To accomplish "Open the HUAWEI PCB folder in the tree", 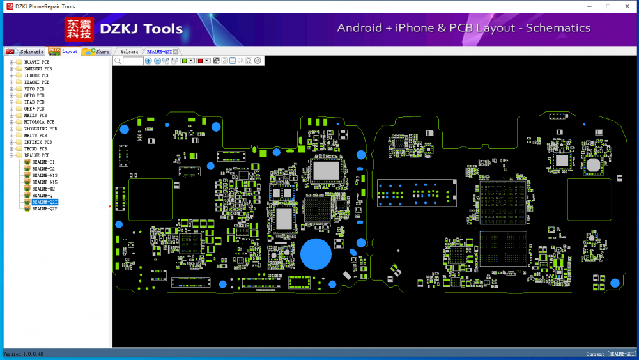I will (x=36, y=62).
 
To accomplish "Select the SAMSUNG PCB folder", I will (x=38, y=68).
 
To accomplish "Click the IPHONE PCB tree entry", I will (x=36, y=75).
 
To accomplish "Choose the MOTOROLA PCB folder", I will (x=39, y=122).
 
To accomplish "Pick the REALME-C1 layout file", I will (x=43, y=162).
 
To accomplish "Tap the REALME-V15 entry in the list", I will (x=45, y=182).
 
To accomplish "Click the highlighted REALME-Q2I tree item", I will (x=45, y=202).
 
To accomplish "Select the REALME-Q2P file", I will (x=45, y=209).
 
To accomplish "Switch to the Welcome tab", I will (x=129, y=51).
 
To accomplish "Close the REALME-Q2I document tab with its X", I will (x=176, y=51).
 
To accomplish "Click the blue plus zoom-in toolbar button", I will (x=148, y=61).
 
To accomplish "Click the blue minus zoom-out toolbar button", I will (x=157, y=61).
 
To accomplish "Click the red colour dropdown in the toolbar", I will (x=203, y=61).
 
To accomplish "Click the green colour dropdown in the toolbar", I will (x=187, y=61).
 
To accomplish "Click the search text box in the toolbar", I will (x=133, y=61).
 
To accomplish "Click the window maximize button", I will (x=608, y=6).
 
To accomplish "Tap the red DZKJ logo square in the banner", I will (x=79, y=29).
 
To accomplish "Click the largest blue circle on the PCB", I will (x=316, y=254).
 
